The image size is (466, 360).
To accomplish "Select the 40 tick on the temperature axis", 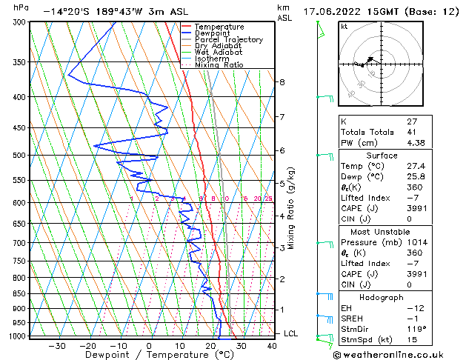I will pyautogui.click(x=272, y=345).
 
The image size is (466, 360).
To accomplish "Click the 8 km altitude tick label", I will pyautogui.click(x=282, y=81).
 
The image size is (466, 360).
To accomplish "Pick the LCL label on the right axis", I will pyautogui.click(x=291, y=333).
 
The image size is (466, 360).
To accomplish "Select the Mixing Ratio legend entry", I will pyautogui.click(x=219, y=64).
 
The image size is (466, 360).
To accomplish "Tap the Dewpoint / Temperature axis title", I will pyautogui.click(x=148, y=355).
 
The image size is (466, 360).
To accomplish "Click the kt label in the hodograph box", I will pyautogui.click(x=344, y=26).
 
